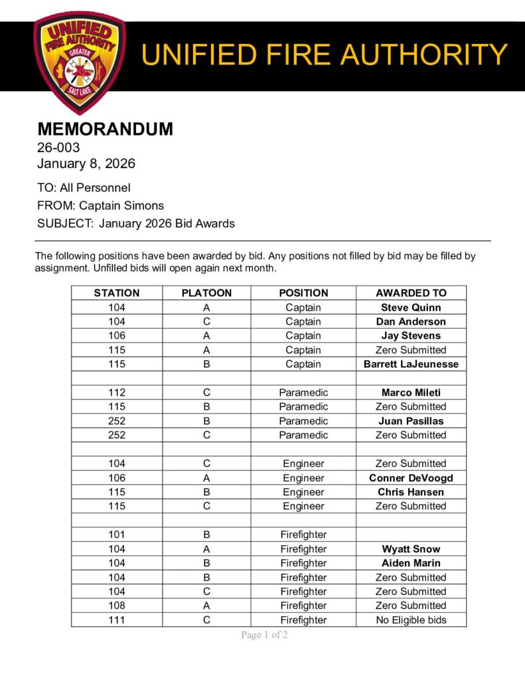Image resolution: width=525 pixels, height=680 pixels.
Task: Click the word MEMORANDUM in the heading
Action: click(x=105, y=129)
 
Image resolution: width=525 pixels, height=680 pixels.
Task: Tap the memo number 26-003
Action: click(x=58, y=147)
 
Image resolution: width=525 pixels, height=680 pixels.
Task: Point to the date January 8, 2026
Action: click(x=86, y=163)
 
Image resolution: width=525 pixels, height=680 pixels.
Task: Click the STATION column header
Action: click(x=117, y=293)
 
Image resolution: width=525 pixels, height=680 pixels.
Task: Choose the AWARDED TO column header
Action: click(x=411, y=293)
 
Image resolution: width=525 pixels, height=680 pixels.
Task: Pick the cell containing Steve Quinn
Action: click(x=411, y=307)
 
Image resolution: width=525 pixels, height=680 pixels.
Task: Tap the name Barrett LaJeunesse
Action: click(x=411, y=364)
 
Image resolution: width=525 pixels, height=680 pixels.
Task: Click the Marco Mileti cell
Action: click(x=411, y=392)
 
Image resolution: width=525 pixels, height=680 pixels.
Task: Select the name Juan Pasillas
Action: click(x=411, y=421)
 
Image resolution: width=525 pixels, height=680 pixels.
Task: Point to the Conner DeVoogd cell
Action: click(x=411, y=478)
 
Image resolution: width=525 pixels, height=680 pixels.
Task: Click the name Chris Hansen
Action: click(x=411, y=492)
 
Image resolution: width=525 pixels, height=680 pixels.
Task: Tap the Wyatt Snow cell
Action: click(x=411, y=549)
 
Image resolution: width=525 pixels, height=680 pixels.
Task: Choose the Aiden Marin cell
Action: click(x=411, y=563)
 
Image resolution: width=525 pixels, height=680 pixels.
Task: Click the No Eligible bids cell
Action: click(x=411, y=620)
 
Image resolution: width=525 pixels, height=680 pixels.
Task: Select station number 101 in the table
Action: click(x=117, y=535)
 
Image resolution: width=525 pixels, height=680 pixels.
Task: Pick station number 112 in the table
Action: click(x=117, y=392)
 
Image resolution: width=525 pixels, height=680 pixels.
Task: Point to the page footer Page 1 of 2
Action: click(x=264, y=636)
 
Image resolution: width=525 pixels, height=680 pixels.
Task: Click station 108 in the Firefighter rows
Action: click(x=117, y=606)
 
